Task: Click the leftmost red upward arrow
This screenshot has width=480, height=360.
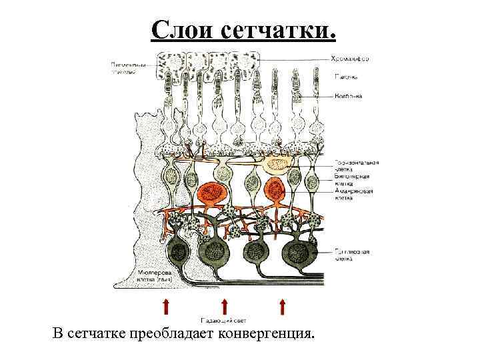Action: tap(165, 307)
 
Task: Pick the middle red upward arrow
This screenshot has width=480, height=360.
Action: tap(225, 307)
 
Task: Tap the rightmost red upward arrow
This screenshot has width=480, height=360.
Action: tap(283, 307)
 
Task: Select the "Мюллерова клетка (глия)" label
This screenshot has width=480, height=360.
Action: tap(152, 276)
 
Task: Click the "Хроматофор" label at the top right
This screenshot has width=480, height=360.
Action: tap(351, 59)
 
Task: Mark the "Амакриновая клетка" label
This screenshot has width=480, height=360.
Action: tap(353, 194)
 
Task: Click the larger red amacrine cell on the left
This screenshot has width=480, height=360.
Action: tap(214, 193)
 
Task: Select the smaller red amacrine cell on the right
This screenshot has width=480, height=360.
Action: tap(275, 190)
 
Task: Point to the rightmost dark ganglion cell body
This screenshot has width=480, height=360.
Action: tap(297, 253)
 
